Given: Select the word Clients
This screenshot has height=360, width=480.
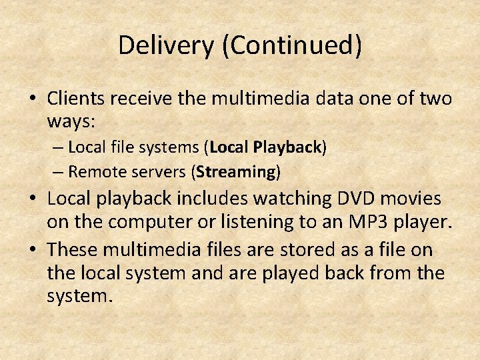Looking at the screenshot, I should coord(77,99).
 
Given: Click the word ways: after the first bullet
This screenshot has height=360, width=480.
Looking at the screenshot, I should coord(72,122).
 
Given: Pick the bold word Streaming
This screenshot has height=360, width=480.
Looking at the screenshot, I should coord(236,172).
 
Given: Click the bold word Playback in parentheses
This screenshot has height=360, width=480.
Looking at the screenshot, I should coord(287,147).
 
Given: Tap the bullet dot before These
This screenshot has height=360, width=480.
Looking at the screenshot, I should coord(32,251).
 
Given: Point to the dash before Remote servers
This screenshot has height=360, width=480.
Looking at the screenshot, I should coord(58,173).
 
